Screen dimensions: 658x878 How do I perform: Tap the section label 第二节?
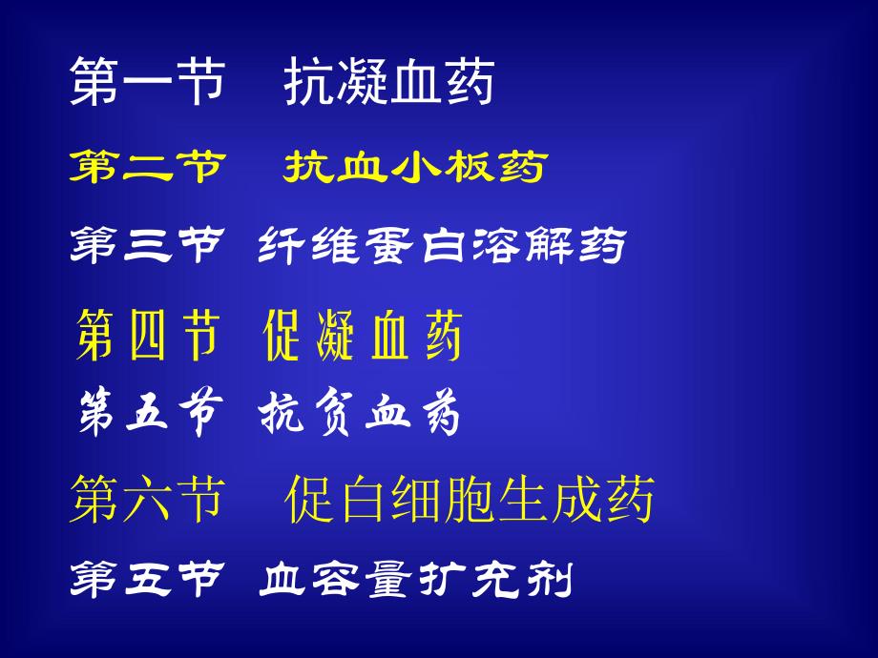(147, 169)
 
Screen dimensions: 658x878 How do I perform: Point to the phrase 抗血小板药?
(414, 169)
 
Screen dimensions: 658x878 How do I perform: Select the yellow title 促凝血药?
(363, 336)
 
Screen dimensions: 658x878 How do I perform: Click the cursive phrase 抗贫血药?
(360, 416)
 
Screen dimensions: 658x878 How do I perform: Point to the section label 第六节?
(147, 500)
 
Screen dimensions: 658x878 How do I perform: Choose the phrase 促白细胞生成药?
(470, 500)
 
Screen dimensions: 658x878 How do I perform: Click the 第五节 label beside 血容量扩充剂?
(147, 579)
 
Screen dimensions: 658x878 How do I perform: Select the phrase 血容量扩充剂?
(415, 579)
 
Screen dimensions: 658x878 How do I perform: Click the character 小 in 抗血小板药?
(415, 169)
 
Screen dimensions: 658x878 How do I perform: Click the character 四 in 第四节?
(147, 336)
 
